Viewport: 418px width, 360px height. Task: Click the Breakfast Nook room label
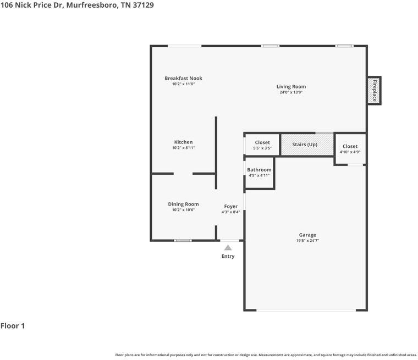183,79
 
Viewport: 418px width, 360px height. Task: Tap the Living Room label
291,87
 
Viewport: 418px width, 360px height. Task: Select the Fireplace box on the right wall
374,91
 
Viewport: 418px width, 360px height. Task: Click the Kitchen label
183,142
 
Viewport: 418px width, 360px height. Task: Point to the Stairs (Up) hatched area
307,145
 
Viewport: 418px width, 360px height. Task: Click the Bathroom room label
259,170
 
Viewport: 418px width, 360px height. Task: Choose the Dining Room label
183,204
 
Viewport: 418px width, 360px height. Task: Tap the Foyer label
231,207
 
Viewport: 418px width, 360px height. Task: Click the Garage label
307,235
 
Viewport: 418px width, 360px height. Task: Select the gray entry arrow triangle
228,248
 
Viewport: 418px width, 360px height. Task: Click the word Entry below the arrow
228,256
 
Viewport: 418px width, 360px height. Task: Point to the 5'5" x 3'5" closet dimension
262,148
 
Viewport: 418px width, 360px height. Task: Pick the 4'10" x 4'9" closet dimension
350,152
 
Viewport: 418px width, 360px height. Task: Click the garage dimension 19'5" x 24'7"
307,241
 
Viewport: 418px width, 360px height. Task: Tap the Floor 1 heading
13,326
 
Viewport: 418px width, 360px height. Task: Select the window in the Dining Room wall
183,241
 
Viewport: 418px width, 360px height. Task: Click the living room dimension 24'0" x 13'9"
291,92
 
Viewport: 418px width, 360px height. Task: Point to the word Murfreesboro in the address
92,5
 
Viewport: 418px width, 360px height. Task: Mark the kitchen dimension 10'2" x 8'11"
183,148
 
